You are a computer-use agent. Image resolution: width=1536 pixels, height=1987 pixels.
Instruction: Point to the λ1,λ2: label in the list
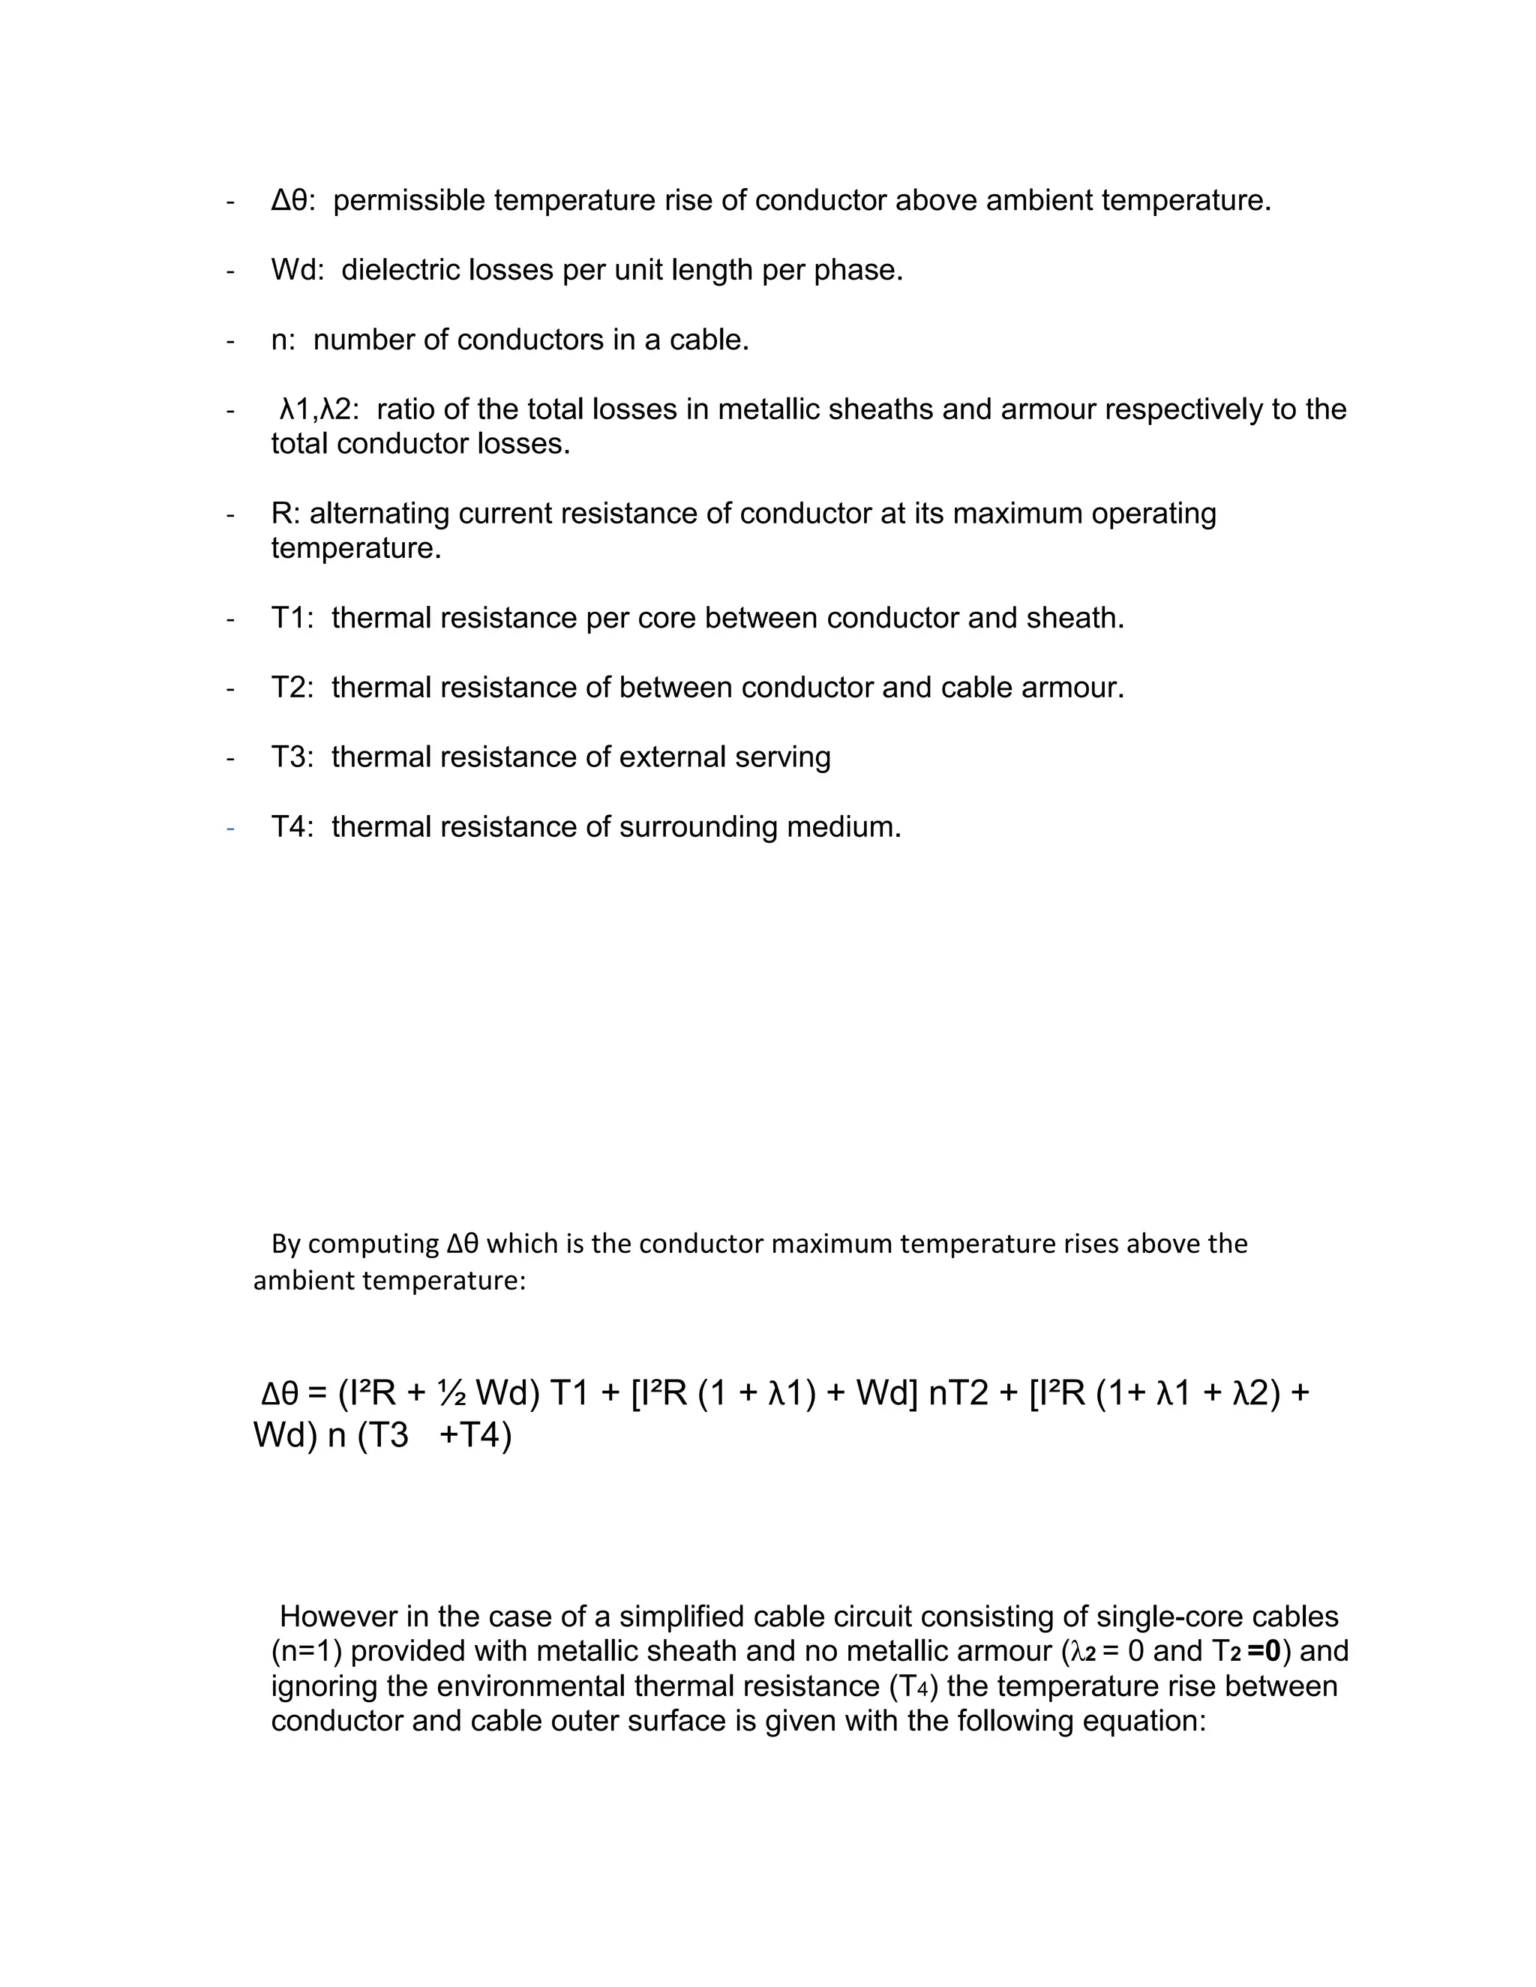coord(319,409)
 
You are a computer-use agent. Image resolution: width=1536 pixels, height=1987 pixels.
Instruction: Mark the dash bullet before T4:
coord(230,828)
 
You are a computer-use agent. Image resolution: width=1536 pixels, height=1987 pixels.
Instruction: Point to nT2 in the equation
coord(958,1393)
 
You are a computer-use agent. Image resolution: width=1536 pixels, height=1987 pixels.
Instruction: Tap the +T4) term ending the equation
coord(476,1437)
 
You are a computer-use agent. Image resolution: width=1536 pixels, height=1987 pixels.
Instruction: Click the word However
coord(340,1617)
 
